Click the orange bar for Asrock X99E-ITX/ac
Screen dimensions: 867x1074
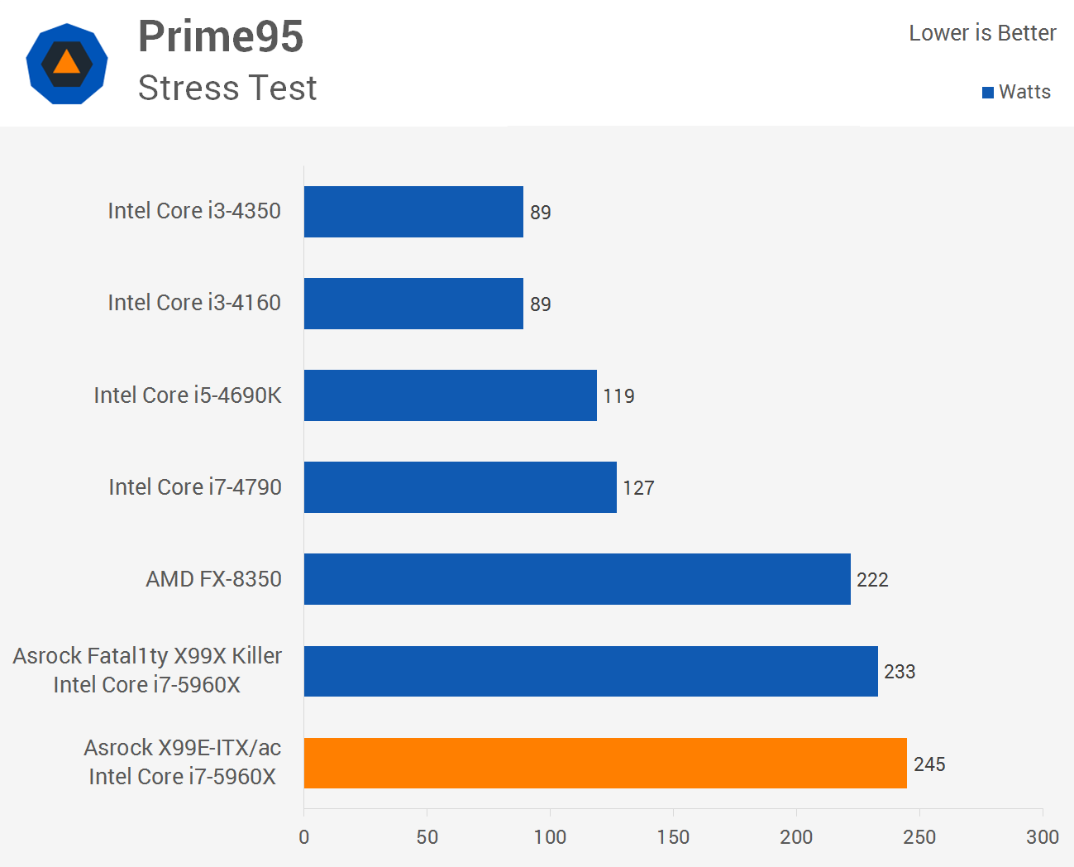point(605,763)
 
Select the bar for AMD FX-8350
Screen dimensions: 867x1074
point(577,579)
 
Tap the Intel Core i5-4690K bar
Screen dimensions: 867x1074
point(451,395)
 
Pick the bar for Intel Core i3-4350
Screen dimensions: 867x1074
point(413,212)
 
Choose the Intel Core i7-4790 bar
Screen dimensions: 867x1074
point(461,487)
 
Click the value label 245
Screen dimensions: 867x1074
point(929,764)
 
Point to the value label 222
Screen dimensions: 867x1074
point(872,580)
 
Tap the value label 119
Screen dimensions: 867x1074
point(618,396)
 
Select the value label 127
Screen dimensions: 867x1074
point(638,488)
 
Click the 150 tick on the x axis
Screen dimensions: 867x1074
point(673,837)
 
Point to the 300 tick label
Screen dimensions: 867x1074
point(1043,837)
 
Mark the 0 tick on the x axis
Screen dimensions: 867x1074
point(304,837)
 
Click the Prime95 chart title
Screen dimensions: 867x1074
point(221,36)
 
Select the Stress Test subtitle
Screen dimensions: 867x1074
point(227,88)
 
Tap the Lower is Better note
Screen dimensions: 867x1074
point(982,33)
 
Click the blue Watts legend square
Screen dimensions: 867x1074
point(987,93)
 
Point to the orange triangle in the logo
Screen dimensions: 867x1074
point(66,63)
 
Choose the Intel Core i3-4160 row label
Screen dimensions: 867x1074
point(194,303)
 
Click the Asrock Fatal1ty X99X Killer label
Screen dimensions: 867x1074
point(147,656)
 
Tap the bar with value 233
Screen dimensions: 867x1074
point(591,671)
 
